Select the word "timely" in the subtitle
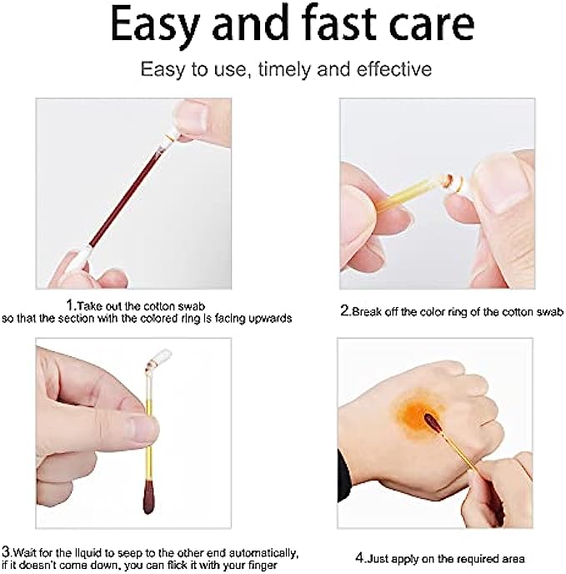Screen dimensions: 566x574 (x=284, y=69)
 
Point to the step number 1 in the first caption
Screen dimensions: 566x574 (x=70, y=305)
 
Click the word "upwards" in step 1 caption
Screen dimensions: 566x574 (x=270, y=319)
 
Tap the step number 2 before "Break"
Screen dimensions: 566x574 (x=344, y=311)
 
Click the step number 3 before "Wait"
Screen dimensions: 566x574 (x=6, y=551)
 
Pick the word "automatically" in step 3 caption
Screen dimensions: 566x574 (x=260, y=553)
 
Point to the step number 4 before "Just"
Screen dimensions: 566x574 (x=360, y=558)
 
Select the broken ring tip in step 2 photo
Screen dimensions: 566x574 (x=453, y=181)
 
